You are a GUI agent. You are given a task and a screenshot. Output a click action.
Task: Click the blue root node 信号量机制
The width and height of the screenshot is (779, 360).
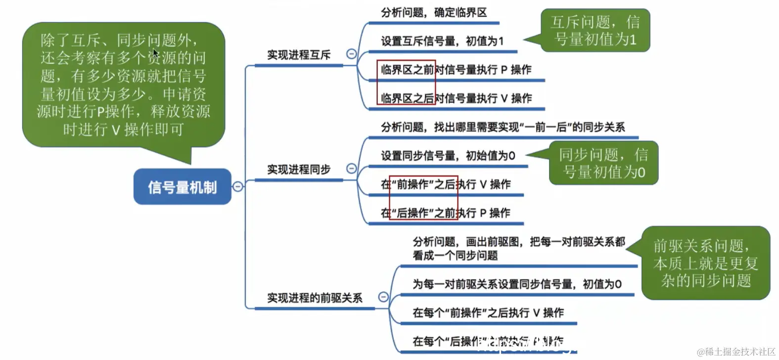click(182, 187)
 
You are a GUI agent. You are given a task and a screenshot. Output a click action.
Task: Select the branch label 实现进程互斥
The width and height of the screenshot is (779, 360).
click(299, 55)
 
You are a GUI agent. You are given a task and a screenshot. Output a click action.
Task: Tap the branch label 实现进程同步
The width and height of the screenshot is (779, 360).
click(299, 170)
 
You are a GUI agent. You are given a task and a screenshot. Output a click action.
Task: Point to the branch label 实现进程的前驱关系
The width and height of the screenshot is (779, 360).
click(315, 298)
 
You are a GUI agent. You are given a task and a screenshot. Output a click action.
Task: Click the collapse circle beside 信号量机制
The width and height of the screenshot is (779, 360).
click(238, 186)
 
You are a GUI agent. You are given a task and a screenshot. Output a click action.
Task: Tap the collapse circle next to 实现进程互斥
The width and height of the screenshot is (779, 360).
click(351, 54)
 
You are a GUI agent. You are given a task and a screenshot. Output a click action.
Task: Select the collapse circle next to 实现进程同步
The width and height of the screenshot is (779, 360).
click(351, 169)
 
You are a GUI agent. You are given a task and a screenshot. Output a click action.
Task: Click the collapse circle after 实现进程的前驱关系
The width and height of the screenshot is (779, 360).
click(383, 297)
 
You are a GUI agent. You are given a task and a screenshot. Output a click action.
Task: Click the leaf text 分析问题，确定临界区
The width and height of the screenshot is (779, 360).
click(434, 12)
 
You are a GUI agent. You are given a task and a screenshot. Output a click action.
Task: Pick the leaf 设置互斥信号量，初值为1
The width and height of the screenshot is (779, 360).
click(442, 41)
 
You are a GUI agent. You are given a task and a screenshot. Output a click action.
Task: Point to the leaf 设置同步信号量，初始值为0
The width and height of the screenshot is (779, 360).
click(448, 156)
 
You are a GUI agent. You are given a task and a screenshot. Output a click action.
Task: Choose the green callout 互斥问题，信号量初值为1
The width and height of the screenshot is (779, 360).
click(595, 30)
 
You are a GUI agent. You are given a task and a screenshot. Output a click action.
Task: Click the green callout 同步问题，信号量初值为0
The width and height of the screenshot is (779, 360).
click(603, 163)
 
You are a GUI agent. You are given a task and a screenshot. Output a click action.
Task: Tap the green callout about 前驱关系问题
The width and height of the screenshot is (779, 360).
click(706, 263)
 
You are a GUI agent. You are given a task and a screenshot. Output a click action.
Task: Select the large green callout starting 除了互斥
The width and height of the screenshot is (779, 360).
click(123, 85)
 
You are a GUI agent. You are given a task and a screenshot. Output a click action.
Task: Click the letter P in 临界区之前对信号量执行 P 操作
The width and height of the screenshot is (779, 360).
click(504, 70)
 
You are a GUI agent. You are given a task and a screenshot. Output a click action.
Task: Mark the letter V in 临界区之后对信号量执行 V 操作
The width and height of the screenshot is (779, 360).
click(504, 98)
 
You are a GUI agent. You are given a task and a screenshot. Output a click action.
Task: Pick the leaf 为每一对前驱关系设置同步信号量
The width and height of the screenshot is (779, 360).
click(517, 284)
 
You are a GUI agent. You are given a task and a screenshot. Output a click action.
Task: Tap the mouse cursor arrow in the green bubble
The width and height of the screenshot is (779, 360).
click(155, 53)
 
